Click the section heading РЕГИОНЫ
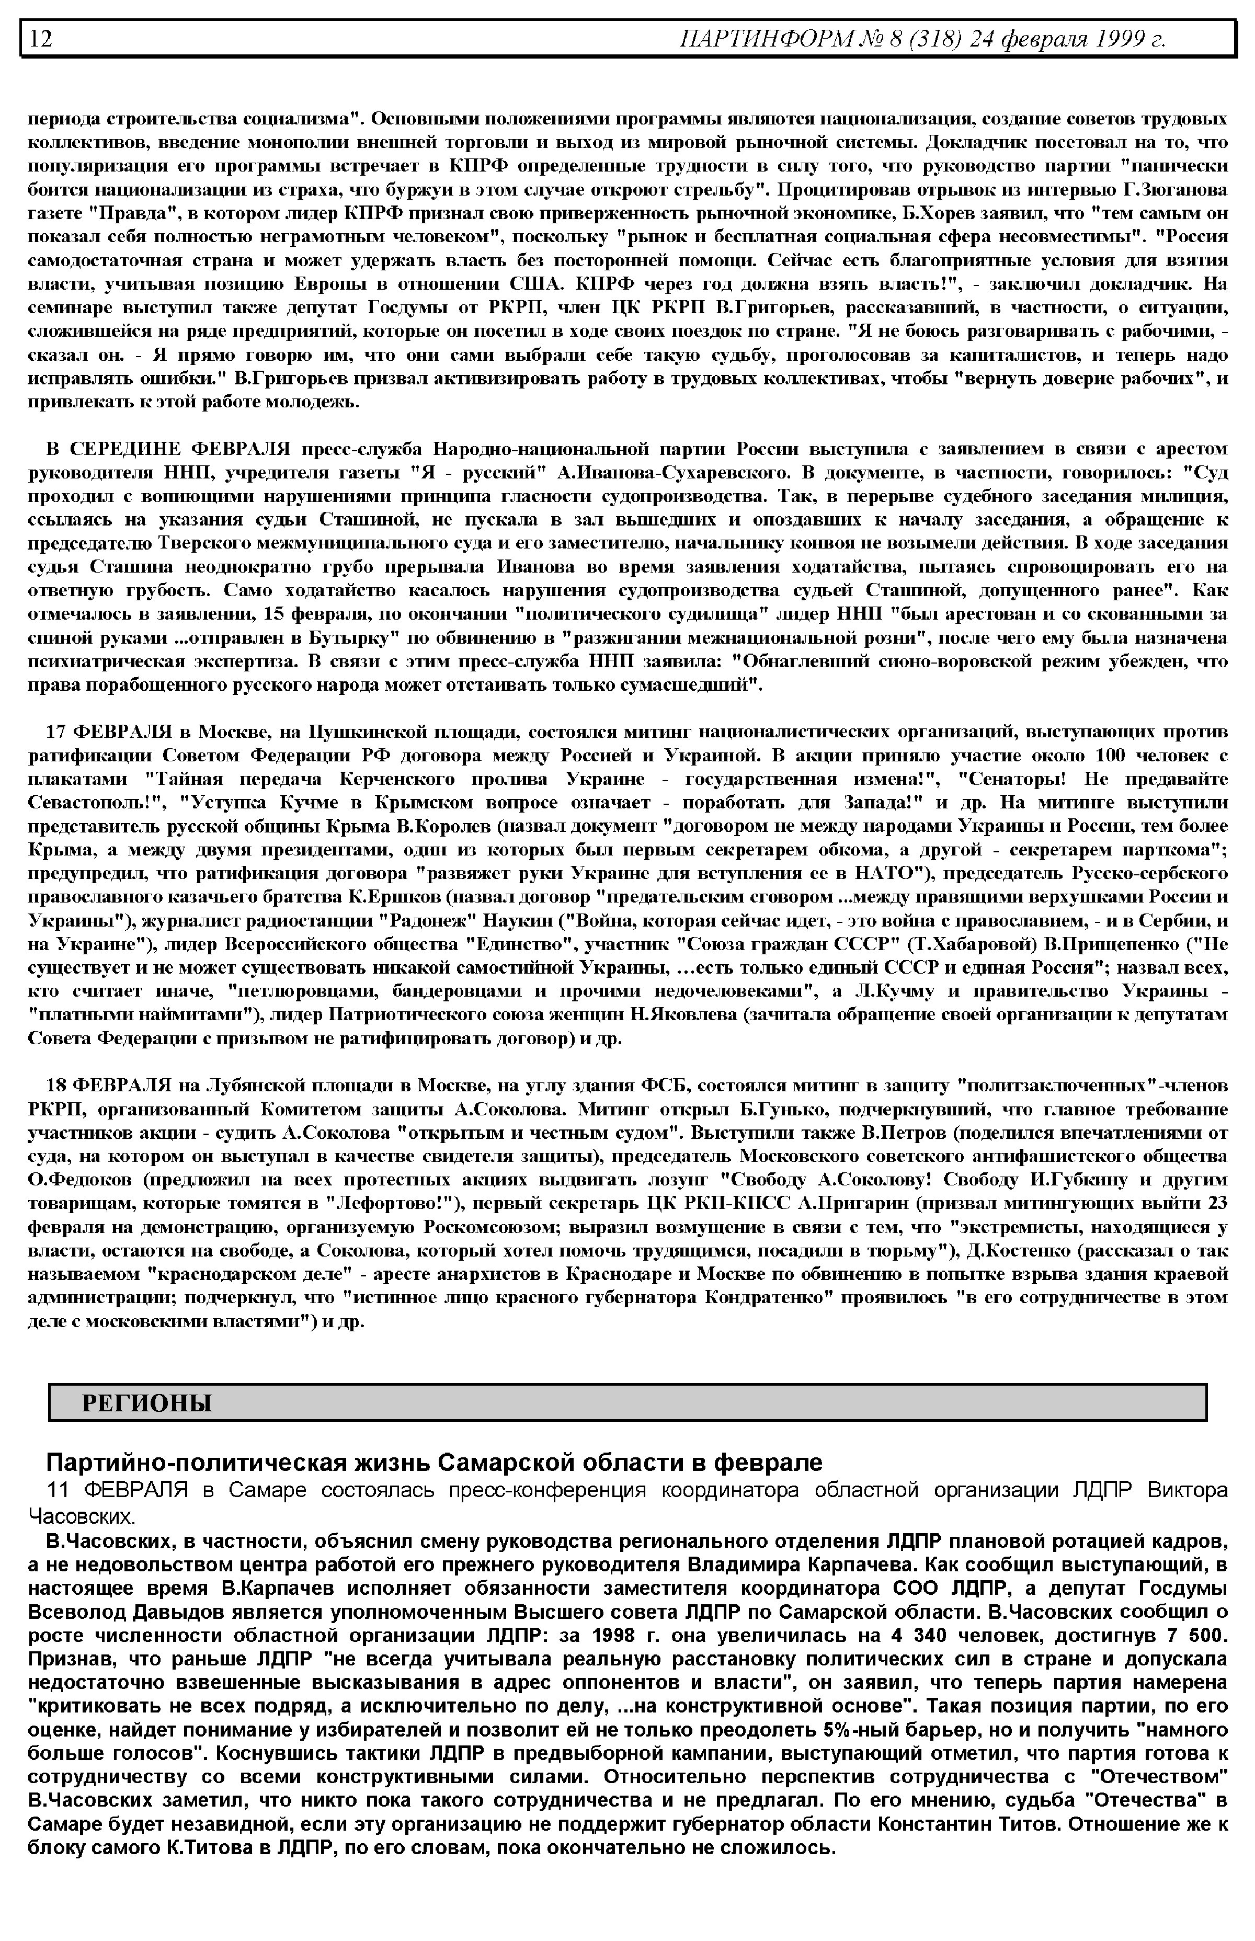[147, 1403]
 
